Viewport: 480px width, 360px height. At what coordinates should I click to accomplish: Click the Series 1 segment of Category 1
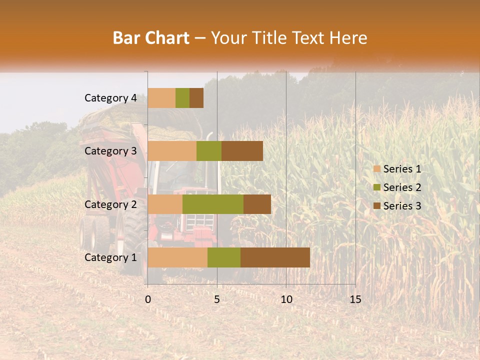click(177, 257)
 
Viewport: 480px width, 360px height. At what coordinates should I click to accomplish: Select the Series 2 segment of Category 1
click(224, 257)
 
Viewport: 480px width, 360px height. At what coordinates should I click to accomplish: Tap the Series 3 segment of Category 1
click(275, 257)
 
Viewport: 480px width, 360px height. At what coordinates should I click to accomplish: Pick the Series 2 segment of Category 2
click(213, 204)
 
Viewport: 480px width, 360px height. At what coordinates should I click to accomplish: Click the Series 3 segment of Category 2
click(257, 204)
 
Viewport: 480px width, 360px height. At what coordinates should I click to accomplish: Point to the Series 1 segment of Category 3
click(172, 151)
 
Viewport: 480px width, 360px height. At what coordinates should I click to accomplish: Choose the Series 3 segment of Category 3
click(242, 151)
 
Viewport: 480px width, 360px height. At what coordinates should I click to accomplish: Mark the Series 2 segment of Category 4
click(182, 98)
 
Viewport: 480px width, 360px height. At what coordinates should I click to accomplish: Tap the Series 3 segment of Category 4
click(196, 98)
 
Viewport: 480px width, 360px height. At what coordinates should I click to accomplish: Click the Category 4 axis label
click(110, 98)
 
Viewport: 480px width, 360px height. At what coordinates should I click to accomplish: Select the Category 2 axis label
click(110, 204)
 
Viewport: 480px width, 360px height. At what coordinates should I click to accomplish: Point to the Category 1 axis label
click(110, 257)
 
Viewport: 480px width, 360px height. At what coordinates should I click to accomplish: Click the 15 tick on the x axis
click(355, 299)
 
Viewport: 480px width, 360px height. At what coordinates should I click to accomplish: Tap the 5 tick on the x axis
click(217, 299)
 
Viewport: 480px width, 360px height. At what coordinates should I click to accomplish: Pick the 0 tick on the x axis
click(148, 299)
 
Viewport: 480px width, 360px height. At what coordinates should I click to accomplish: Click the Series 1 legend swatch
click(376, 169)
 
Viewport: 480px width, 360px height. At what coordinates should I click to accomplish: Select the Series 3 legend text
click(402, 206)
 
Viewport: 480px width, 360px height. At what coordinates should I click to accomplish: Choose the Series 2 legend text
click(402, 187)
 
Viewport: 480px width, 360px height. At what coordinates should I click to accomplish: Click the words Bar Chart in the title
click(151, 38)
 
